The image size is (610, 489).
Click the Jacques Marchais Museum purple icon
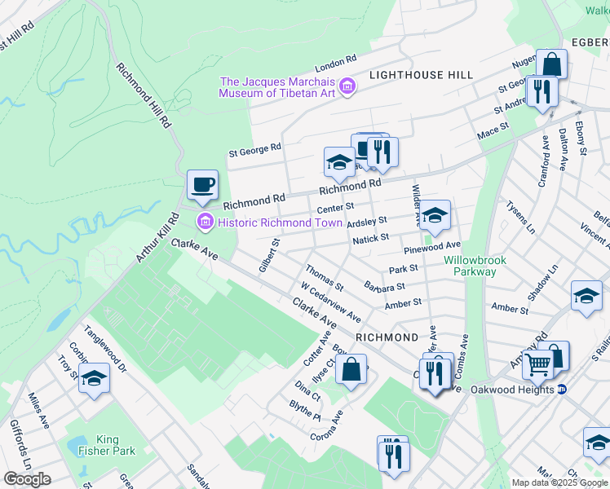coord(347,86)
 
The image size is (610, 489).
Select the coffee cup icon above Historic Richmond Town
coord(201,185)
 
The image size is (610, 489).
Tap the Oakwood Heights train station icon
coord(562,389)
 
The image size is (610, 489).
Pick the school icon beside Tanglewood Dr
coord(95,378)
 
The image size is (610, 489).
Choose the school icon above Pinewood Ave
coord(435,215)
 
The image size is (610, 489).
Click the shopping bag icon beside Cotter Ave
coord(351,371)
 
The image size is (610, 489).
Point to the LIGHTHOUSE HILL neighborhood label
coord(421,75)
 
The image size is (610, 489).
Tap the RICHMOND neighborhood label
coord(387,337)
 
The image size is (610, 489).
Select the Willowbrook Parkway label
coord(475,266)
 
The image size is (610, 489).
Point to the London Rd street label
coord(336,62)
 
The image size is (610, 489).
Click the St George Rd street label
coord(254,148)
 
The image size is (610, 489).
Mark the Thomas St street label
coord(325,277)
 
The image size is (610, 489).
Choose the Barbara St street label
coord(385,287)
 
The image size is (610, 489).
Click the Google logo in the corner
coord(27,479)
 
